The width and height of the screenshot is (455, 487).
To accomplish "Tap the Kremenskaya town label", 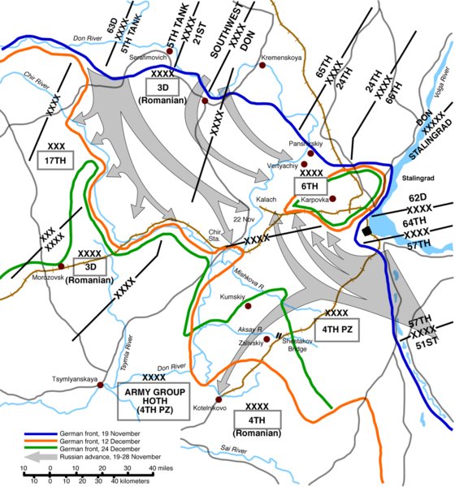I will (282, 58).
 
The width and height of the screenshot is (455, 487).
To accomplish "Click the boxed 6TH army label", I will (310, 186).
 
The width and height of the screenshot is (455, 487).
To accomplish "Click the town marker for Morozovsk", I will (61, 265).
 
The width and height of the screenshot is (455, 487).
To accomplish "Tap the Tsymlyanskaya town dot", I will (100, 385).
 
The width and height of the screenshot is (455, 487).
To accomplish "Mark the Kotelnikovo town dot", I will (219, 399).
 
